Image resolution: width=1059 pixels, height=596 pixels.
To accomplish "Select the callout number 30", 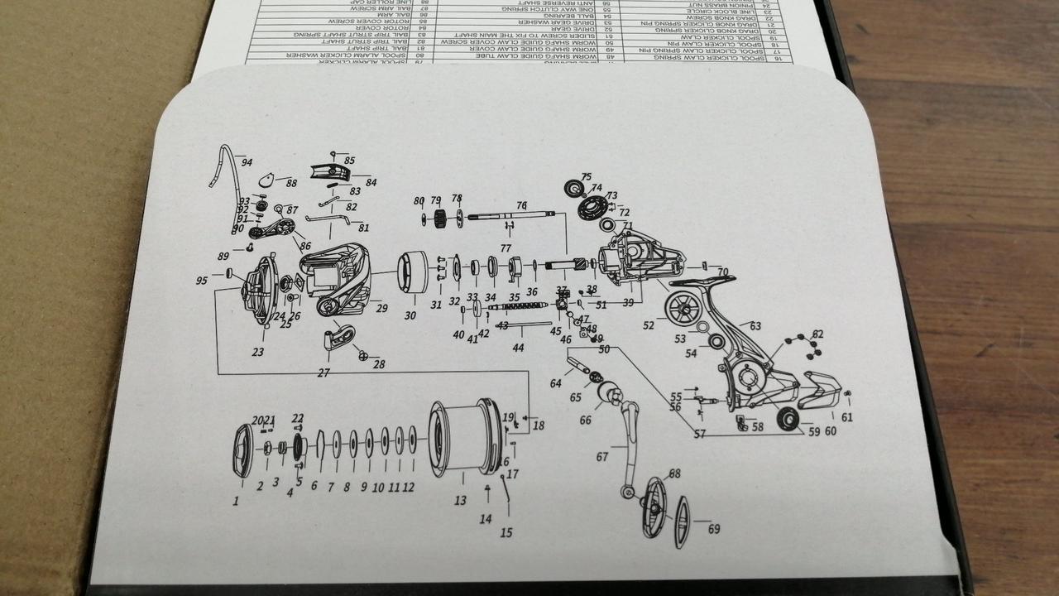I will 410,315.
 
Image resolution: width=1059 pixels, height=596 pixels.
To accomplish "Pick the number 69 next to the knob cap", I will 713,529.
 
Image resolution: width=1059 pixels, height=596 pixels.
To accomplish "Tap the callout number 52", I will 649,325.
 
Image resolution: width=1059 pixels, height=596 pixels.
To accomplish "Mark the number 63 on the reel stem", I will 755,326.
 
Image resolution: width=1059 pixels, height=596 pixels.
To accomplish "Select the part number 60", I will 831,430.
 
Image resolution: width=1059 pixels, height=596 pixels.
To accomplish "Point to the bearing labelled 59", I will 788,419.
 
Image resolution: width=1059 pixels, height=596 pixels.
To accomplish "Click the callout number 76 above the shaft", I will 521,205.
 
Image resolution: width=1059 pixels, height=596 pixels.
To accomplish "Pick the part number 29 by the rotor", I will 381,308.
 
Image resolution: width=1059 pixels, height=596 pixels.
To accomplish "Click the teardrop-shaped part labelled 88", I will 267,179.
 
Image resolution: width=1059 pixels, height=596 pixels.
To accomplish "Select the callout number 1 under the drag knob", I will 236,501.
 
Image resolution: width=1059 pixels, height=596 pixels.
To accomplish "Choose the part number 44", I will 518,348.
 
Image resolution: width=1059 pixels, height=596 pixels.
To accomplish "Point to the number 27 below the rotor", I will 323,373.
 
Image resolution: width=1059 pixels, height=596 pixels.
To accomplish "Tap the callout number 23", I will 258,352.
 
